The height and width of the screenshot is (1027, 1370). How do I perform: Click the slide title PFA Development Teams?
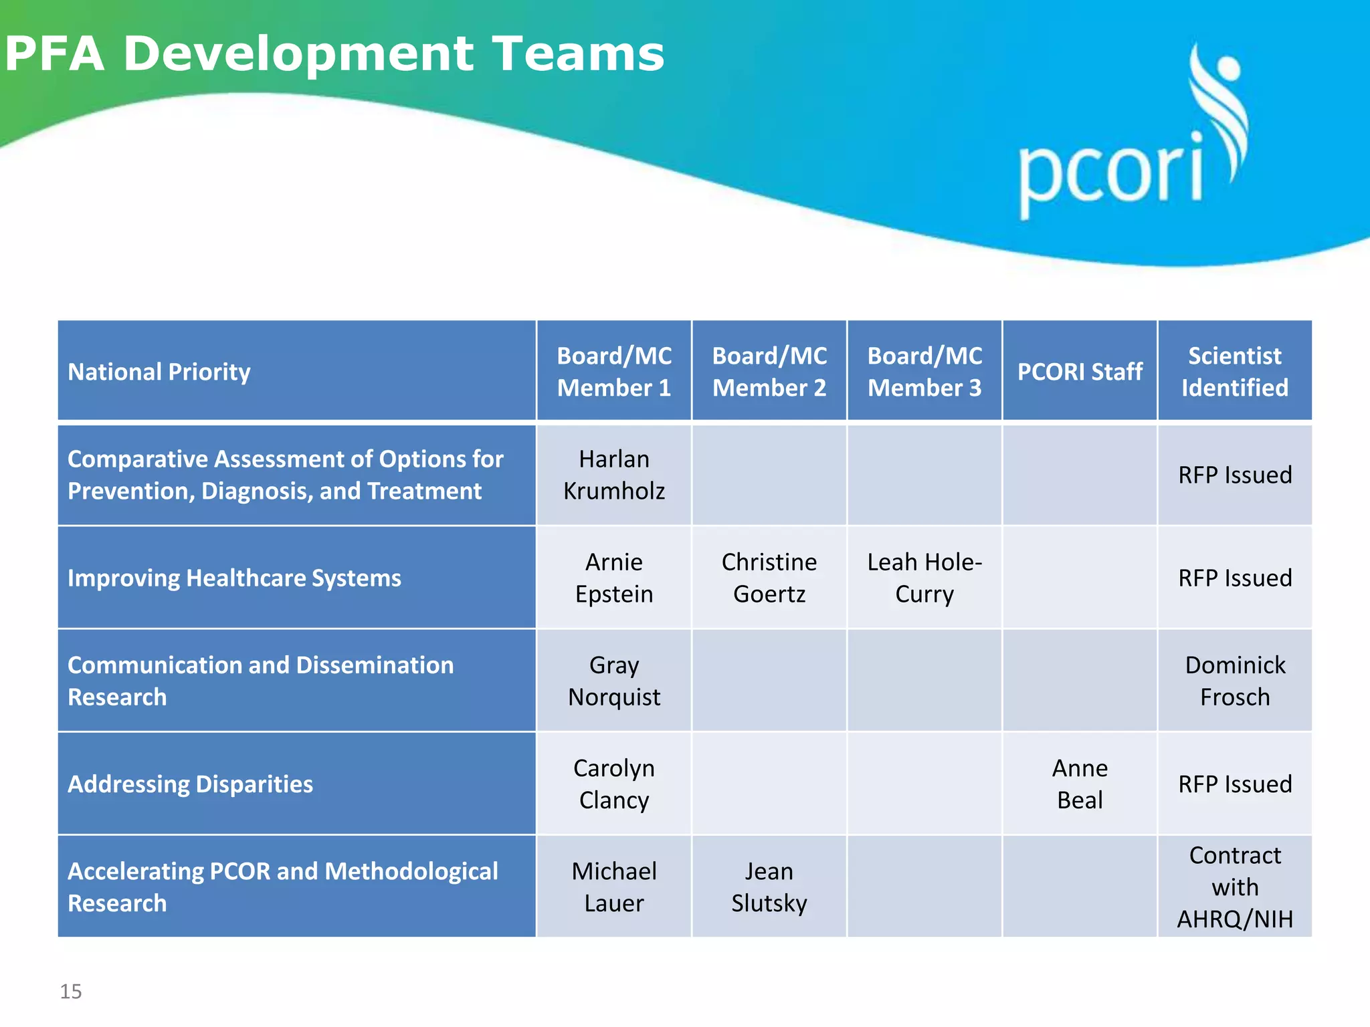click(334, 53)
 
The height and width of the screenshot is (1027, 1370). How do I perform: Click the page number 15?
click(71, 992)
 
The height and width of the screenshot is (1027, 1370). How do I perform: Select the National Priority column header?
click(159, 372)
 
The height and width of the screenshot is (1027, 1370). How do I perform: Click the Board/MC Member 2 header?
click(769, 372)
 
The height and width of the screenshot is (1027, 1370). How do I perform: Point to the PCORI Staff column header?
click(1080, 372)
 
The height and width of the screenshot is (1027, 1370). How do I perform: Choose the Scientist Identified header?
click(1235, 372)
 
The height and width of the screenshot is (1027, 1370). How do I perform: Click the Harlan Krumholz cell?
click(614, 475)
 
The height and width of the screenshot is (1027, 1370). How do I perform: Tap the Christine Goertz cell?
click(769, 578)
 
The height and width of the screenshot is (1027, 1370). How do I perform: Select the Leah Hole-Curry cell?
click(924, 578)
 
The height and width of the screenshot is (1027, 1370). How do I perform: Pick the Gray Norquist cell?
click(614, 681)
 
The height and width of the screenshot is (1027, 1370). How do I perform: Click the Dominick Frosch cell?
click(1235, 681)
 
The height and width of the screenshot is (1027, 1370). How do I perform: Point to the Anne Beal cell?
click(1080, 784)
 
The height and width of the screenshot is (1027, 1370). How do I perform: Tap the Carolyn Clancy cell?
click(614, 784)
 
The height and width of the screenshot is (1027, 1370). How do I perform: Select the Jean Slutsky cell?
click(769, 887)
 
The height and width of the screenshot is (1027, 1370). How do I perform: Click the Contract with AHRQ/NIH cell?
click(1235, 887)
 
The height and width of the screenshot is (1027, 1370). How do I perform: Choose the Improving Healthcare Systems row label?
click(234, 578)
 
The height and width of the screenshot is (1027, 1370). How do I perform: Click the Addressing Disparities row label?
click(190, 784)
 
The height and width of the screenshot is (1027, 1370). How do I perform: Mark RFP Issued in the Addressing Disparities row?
click(1235, 784)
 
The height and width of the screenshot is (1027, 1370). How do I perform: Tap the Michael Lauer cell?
click(614, 887)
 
